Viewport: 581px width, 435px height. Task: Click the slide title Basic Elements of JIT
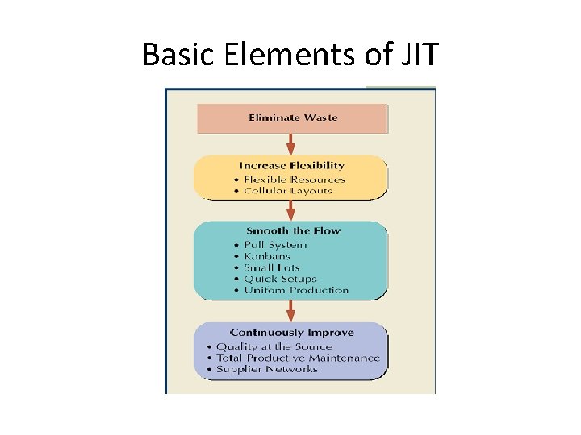click(x=290, y=55)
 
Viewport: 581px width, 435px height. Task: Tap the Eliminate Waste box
click(x=292, y=118)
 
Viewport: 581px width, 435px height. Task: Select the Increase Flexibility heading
click(x=291, y=166)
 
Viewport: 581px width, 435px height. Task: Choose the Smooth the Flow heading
click(x=293, y=231)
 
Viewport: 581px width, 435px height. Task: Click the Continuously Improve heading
click(x=291, y=333)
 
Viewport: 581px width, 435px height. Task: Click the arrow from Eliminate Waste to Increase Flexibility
click(x=291, y=144)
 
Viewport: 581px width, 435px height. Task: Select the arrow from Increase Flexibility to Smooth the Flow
click(x=291, y=211)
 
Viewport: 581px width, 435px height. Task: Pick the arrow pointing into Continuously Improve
click(x=291, y=311)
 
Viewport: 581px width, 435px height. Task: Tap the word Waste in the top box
click(x=320, y=118)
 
